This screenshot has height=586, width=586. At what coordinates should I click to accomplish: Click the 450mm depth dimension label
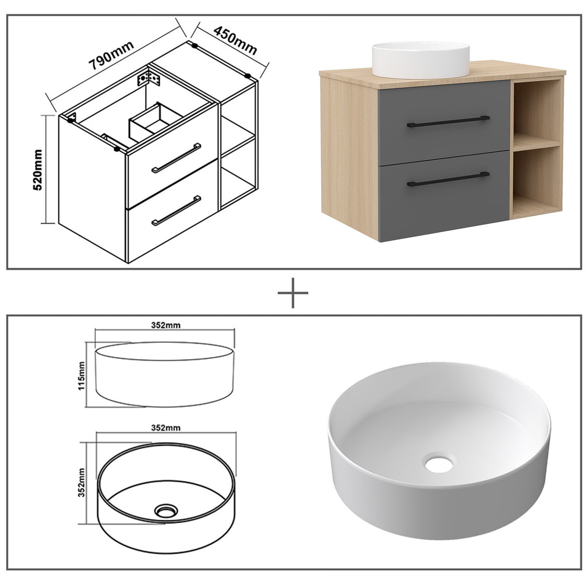pos(235,41)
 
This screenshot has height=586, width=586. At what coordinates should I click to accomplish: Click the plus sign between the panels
pos(293,293)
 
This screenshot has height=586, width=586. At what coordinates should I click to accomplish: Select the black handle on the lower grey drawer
pos(448,179)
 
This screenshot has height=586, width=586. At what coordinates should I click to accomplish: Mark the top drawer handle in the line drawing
pos(176,158)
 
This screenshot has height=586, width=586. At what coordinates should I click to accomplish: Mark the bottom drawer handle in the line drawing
pos(176,210)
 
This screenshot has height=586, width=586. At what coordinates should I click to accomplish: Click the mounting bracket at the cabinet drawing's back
pos(149,77)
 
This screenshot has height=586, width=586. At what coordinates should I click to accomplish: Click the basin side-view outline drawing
pos(165,375)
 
